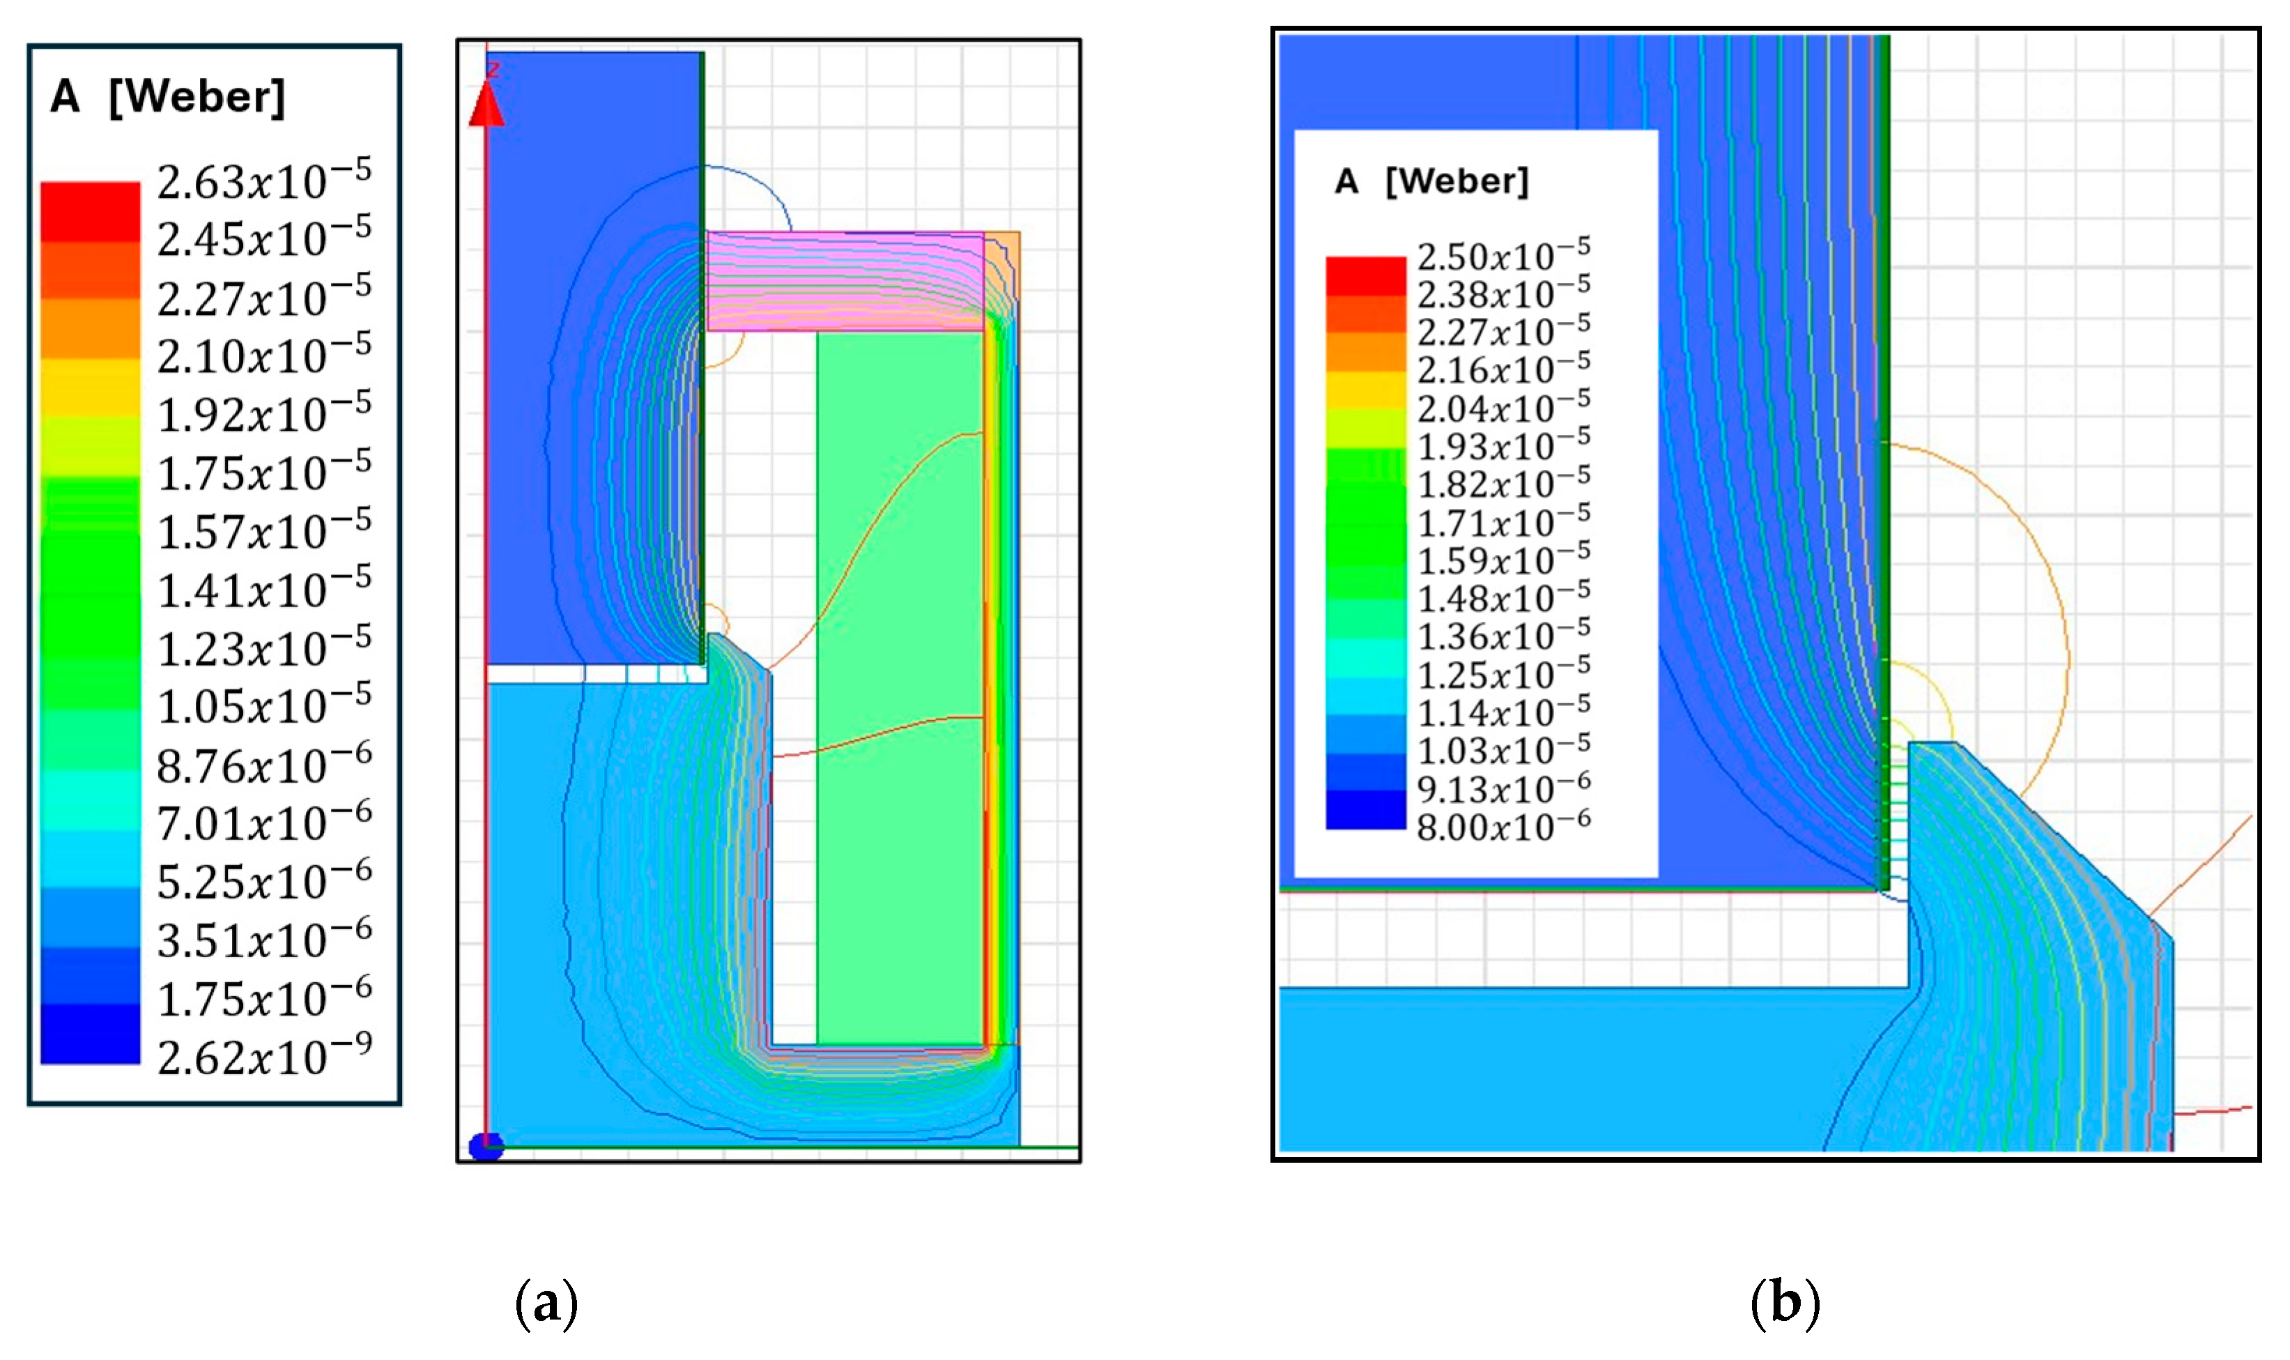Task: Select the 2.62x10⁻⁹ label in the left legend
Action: click(x=264, y=1055)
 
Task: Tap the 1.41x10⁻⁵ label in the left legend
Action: click(x=264, y=588)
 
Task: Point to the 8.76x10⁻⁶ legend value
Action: click(x=264, y=763)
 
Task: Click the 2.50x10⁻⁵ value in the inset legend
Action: click(x=1503, y=254)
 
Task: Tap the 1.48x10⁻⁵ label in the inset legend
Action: click(x=1503, y=597)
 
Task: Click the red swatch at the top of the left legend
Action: click(x=90, y=212)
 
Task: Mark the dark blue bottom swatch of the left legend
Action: click(x=90, y=1034)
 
